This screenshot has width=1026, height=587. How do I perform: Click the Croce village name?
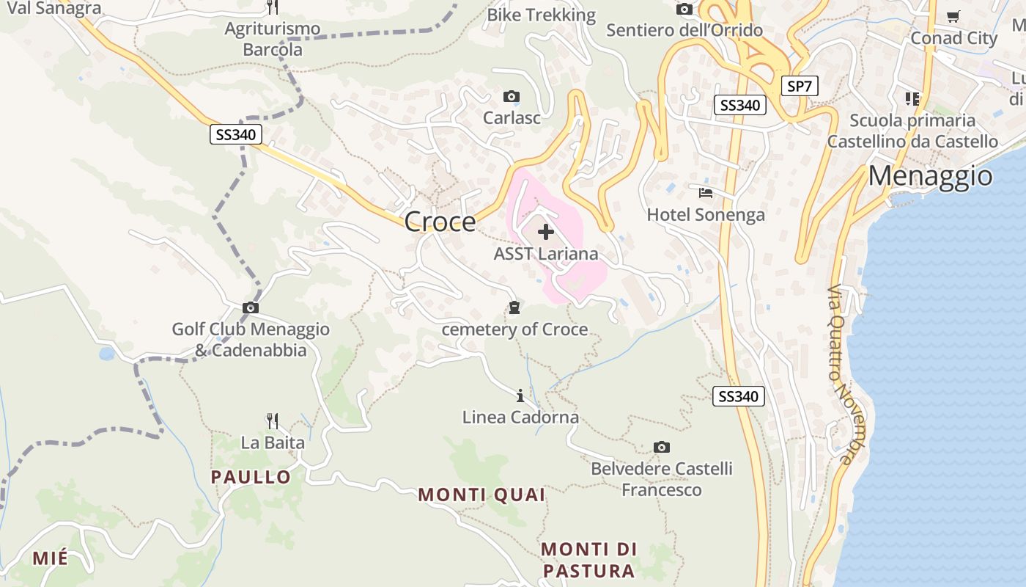point(440,221)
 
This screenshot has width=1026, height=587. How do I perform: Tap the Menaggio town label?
point(930,176)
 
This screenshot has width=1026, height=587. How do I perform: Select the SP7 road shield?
point(799,86)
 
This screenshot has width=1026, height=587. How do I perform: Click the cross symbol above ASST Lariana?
point(545,233)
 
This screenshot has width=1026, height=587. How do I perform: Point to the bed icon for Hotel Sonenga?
point(706,193)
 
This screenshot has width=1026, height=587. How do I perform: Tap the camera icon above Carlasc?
point(512,96)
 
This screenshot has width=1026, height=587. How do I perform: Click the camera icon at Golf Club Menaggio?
point(251,307)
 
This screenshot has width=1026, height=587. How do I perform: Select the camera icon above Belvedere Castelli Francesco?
point(661,447)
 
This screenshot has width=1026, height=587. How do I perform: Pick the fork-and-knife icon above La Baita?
point(273,420)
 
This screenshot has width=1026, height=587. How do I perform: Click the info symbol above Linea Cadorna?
point(520,396)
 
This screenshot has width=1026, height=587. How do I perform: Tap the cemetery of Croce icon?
point(514,307)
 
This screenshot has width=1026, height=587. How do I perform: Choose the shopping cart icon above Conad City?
point(953,16)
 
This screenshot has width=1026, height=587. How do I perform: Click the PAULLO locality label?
point(251,477)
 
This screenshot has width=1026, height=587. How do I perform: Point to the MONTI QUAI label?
point(481,495)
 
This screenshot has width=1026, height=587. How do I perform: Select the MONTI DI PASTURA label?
point(588,560)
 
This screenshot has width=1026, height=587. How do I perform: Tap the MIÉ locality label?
point(50,558)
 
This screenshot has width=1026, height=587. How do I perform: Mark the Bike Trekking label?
point(542,15)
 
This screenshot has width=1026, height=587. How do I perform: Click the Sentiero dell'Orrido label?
point(684,30)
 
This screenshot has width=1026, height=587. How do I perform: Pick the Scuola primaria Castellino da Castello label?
point(912,131)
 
